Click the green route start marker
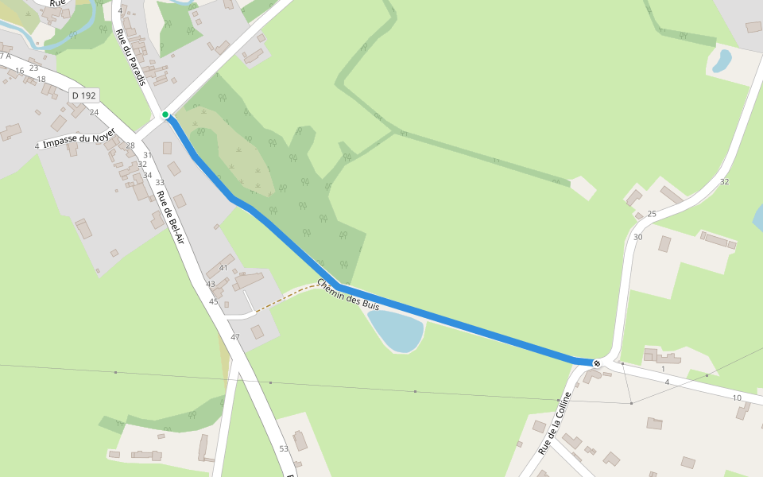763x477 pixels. pyautogui.click(x=165, y=114)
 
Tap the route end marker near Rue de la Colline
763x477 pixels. pyautogui.click(x=597, y=363)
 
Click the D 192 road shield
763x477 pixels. pyautogui.click(x=83, y=95)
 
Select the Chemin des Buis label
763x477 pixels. pyautogui.click(x=348, y=294)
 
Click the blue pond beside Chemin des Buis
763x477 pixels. pyautogui.click(x=395, y=330)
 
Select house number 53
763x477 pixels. pyautogui.click(x=284, y=449)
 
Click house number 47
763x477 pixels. pyautogui.click(x=235, y=338)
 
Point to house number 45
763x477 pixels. pyautogui.click(x=213, y=301)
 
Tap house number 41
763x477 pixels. pyautogui.click(x=223, y=268)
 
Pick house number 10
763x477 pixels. pyautogui.click(x=737, y=397)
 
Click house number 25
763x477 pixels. pyautogui.click(x=652, y=214)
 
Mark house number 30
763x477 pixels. pyautogui.click(x=637, y=237)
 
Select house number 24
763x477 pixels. pyautogui.click(x=94, y=112)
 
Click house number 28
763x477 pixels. pyautogui.click(x=130, y=145)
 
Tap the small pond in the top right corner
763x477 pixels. pyautogui.click(x=722, y=60)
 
